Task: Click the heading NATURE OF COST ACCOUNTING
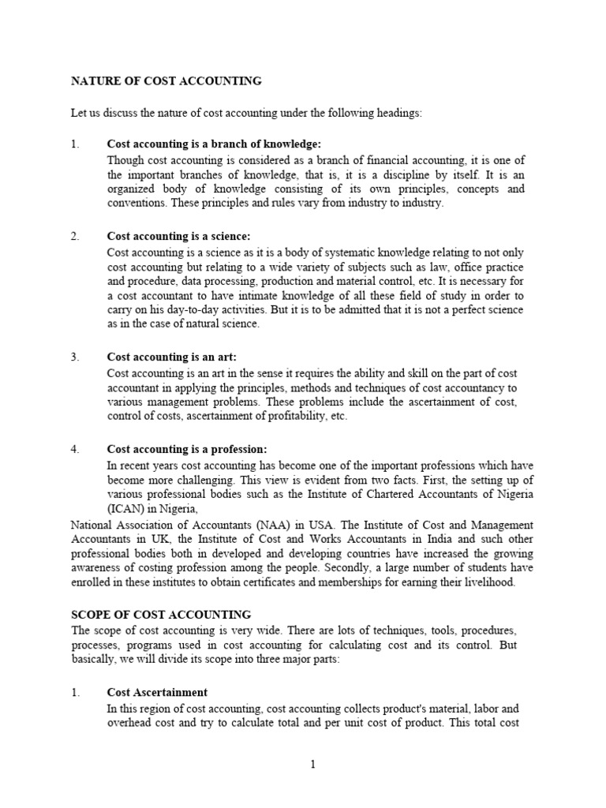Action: (x=166, y=80)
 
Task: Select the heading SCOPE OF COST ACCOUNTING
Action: (x=161, y=614)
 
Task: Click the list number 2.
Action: (x=75, y=237)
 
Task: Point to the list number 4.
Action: (x=75, y=449)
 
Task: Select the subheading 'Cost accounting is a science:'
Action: (x=178, y=237)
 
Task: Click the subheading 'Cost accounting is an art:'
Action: (x=171, y=357)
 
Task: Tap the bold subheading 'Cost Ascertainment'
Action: (x=157, y=692)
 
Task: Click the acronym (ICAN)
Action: (x=127, y=509)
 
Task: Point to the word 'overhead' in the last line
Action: (x=129, y=722)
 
